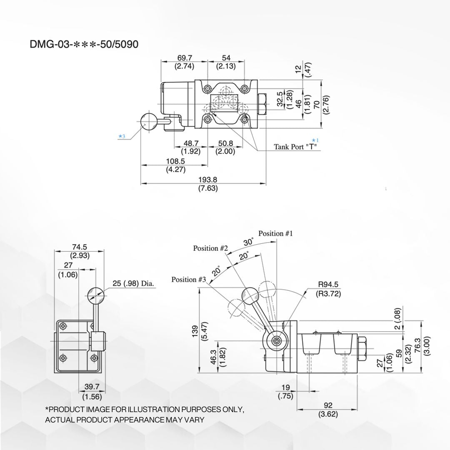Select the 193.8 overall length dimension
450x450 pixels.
208,180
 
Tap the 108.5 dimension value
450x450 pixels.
175,161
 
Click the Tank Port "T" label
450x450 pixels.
295,147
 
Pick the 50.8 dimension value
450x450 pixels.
225,144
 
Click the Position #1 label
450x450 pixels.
275,233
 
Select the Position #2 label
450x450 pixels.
210,248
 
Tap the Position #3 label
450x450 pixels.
189,280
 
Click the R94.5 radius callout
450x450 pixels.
328,285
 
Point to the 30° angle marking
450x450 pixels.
249,242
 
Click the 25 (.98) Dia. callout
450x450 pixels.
133,284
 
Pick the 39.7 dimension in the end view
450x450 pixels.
92,387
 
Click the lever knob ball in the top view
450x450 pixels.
148,122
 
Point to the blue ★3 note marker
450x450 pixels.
121,136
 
